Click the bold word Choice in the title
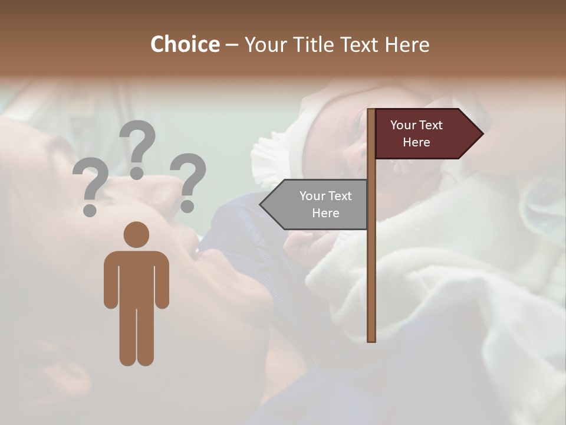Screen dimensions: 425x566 [185, 44]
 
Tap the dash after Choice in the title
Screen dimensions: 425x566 [232, 45]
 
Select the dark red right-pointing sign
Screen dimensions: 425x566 [424, 134]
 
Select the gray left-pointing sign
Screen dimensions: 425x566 [318, 205]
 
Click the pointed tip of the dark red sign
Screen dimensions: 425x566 [482, 134]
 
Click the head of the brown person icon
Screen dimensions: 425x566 [136, 234]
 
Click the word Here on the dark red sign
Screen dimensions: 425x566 [416, 142]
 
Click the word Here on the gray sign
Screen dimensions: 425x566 [325, 213]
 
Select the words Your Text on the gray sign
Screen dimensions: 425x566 [325, 196]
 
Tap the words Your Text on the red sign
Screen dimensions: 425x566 [416, 125]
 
